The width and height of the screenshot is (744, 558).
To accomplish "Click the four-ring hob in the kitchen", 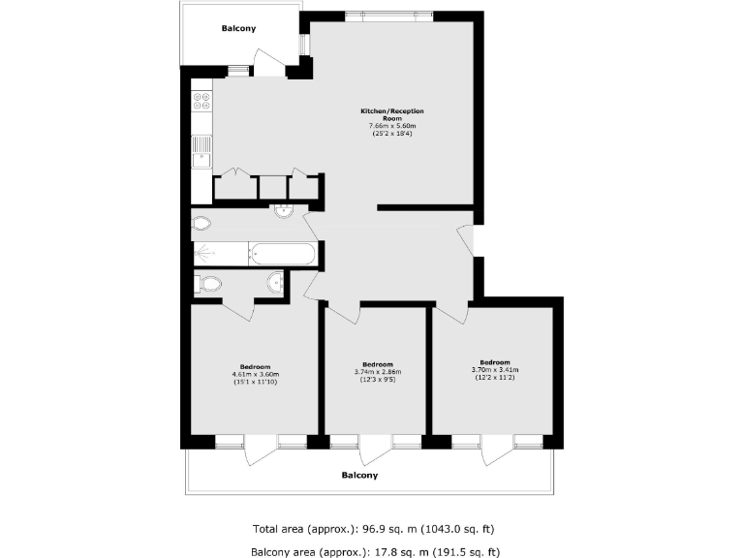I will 202,100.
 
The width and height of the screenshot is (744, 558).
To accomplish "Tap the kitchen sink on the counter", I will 201,149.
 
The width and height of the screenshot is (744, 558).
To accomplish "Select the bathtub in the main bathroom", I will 282,255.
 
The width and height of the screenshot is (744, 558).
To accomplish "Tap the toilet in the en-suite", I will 207,284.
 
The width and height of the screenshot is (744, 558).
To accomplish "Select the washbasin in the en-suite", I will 276,282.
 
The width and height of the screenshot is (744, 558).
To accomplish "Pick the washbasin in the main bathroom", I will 284,212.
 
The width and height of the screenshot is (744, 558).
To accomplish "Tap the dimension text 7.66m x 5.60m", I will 391,126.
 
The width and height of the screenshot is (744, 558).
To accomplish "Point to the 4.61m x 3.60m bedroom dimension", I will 255,375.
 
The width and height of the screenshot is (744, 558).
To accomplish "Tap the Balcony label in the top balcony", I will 238,29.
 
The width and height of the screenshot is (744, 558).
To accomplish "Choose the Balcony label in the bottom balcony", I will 359,476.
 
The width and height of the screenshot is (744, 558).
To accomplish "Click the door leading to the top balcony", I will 268,68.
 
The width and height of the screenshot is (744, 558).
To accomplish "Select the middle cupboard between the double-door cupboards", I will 273,187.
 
